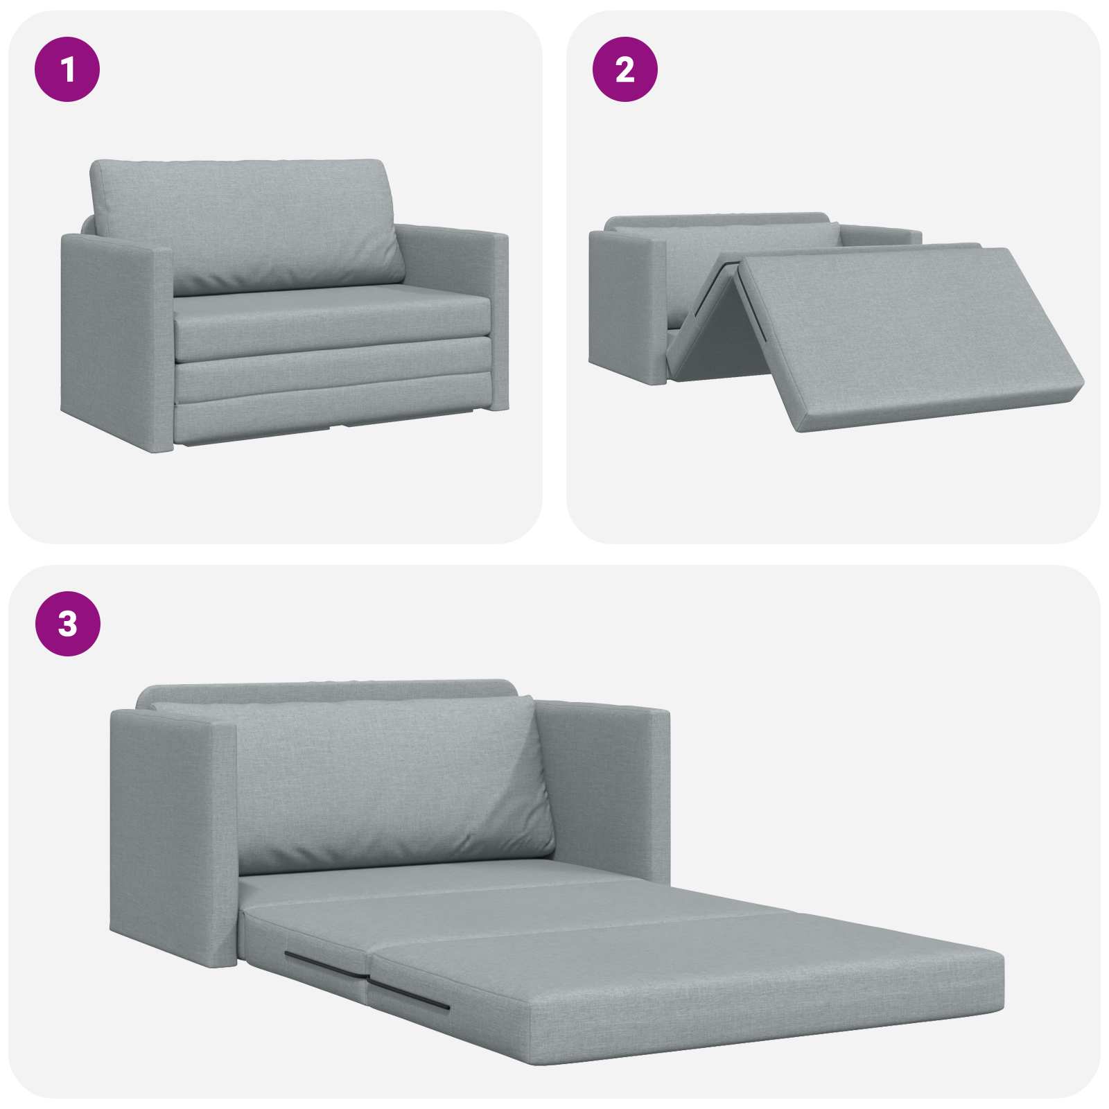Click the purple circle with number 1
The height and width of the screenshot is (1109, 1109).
(67, 69)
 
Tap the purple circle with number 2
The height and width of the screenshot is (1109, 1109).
(625, 69)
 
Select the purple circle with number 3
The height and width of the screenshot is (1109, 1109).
(67, 624)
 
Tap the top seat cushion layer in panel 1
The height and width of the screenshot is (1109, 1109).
(333, 326)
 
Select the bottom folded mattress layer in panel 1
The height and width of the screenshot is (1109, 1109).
(333, 416)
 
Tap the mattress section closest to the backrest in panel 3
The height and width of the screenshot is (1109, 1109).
(416, 884)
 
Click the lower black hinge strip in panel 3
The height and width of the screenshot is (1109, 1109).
(409, 995)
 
